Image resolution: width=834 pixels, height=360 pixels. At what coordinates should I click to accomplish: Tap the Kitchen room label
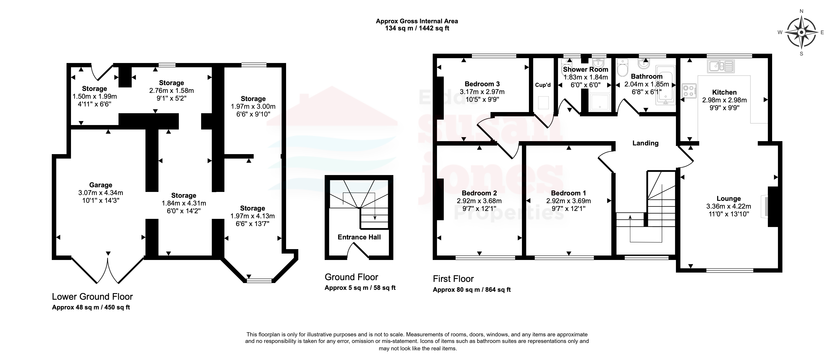[x=724, y=92]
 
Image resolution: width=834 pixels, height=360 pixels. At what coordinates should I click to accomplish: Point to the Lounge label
[x=728, y=199]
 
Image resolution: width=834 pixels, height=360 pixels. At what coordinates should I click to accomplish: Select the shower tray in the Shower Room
[x=600, y=102]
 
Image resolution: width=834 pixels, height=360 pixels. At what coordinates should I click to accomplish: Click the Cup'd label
[x=543, y=85]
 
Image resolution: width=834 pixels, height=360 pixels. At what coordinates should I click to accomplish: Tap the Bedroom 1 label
[x=568, y=193]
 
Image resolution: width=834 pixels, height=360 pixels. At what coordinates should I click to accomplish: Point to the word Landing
[x=645, y=143]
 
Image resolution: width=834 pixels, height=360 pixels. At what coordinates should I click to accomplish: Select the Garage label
[x=101, y=185]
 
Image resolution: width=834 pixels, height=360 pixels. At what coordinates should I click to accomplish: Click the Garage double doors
[x=107, y=271]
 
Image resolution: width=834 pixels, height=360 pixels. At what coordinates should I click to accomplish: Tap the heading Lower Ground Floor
[x=92, y=297]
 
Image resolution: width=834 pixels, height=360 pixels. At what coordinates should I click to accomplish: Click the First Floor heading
[x=453, y=279]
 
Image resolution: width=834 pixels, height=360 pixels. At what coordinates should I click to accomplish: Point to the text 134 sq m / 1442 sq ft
[x=417, y=28]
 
